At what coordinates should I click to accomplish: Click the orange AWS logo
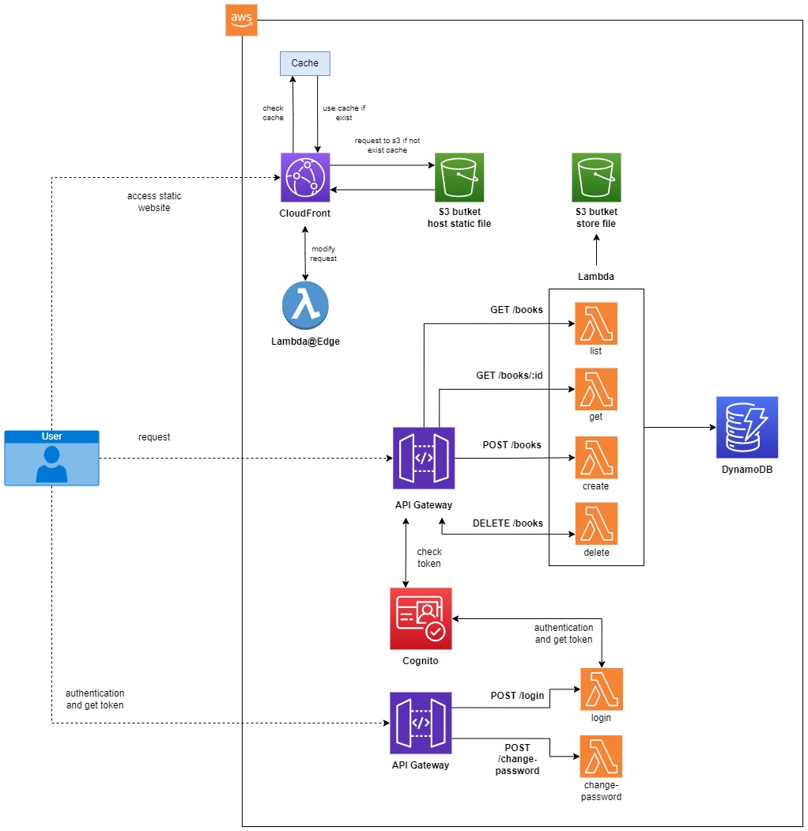(241, 20)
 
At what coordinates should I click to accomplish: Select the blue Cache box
(304, 63)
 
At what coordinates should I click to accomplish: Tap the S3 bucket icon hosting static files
(459, 177)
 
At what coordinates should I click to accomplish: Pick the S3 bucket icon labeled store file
(596, 177)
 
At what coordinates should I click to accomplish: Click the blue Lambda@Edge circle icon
(305, 304)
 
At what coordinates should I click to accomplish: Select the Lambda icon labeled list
(596, 323)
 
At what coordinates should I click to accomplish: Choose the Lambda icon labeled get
(596, 389)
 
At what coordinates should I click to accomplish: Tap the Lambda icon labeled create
(596, 458)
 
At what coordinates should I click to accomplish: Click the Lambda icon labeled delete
(596, 523)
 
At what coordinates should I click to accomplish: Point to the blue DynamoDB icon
(747, 428)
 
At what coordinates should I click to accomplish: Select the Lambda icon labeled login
(601, 689)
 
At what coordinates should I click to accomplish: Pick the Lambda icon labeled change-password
(601, 757)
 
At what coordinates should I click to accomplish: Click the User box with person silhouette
(52, 458)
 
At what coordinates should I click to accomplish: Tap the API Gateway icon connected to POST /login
(421, 723)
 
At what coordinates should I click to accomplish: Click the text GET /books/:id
(509, 376)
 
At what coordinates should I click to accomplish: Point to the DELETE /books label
(508, 523)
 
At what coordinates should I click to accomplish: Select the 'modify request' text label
(324, 254)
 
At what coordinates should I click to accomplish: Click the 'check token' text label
(429, 557)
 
